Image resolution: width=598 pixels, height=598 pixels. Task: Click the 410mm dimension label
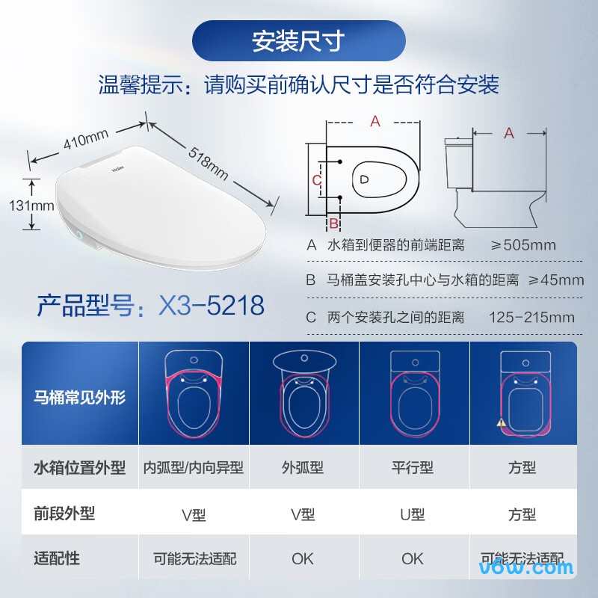click(x=86, y=139)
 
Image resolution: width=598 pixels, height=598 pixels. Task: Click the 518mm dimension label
click(x=209, y=163)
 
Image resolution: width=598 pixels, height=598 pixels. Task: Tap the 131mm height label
click(x=31, y=206)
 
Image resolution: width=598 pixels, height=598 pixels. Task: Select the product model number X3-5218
click(x=212, y=305)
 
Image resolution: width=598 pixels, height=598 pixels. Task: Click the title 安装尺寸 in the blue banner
click(x=298, y=41)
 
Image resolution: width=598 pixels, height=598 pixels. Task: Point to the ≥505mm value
click(x=523, y=245)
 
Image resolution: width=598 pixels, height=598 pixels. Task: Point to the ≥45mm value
click(x=555, y=280)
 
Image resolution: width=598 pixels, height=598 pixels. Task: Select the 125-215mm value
click(x=531, y=317)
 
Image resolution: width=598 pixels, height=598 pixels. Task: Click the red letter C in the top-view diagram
click(x=316, y=179)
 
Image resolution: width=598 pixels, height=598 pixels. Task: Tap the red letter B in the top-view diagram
click(x=333, y=223)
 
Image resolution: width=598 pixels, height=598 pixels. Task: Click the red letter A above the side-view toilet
click(x=509, y=133)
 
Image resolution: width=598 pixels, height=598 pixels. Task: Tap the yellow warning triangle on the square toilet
click(x=501, y=422)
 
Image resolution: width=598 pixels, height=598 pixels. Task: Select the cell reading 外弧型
click(x=303, y=468)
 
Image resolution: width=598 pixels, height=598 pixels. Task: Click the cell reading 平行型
click(x=413, y=468)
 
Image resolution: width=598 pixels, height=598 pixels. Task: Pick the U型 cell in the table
click(x=413, y=514)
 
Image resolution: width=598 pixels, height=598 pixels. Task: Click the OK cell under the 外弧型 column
click(x=303, y=558)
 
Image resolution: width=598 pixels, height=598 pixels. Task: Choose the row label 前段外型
click(x=64, y=514)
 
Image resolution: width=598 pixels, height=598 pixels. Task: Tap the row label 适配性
click(x=57, y=558)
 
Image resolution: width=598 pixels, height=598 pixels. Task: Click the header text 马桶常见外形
click(x=80, y=397)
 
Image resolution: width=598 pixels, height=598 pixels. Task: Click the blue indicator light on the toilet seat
click(x=78, y=235)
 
